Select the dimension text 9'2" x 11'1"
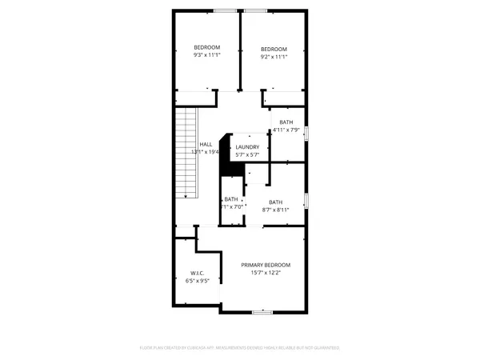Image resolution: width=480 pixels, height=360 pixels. pos(273,56)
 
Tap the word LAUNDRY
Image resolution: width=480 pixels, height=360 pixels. pos(246,146)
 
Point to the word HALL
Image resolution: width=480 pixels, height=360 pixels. pos(206,144)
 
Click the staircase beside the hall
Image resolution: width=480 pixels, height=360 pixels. pos(186,155)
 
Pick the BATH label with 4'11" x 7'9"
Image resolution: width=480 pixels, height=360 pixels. pos(286,122)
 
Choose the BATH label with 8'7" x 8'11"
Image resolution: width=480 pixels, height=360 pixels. pos(275,202)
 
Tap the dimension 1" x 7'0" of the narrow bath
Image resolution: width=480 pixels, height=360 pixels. pos(232,207)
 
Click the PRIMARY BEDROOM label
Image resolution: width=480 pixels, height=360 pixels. pos(266,265)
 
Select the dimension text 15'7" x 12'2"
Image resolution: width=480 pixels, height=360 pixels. pos(266,273)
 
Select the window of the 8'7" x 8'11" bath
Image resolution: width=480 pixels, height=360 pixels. pos(307,199)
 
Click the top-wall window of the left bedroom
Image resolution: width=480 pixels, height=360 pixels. pos(224,10)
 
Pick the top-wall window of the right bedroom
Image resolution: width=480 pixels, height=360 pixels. pos(256,10)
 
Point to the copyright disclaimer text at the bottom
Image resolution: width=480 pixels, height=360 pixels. pos(240,348)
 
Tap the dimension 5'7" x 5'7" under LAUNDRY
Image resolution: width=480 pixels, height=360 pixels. pos(246,154)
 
